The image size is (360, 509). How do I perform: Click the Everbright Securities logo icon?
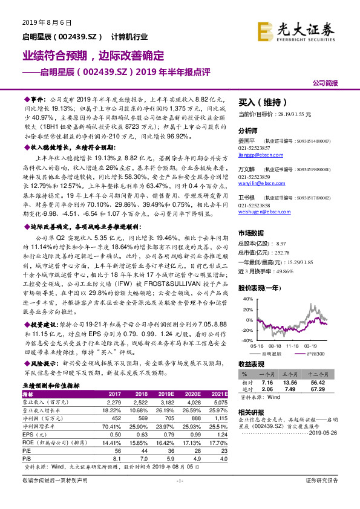tap(265, 30)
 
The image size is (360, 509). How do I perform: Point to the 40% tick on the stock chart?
tap(247, 299)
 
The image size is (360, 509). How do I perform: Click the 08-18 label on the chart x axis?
tap(272, 347)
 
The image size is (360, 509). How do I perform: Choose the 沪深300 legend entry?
tap(313, 353)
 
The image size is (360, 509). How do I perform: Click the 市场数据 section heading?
tap(250, 232)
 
